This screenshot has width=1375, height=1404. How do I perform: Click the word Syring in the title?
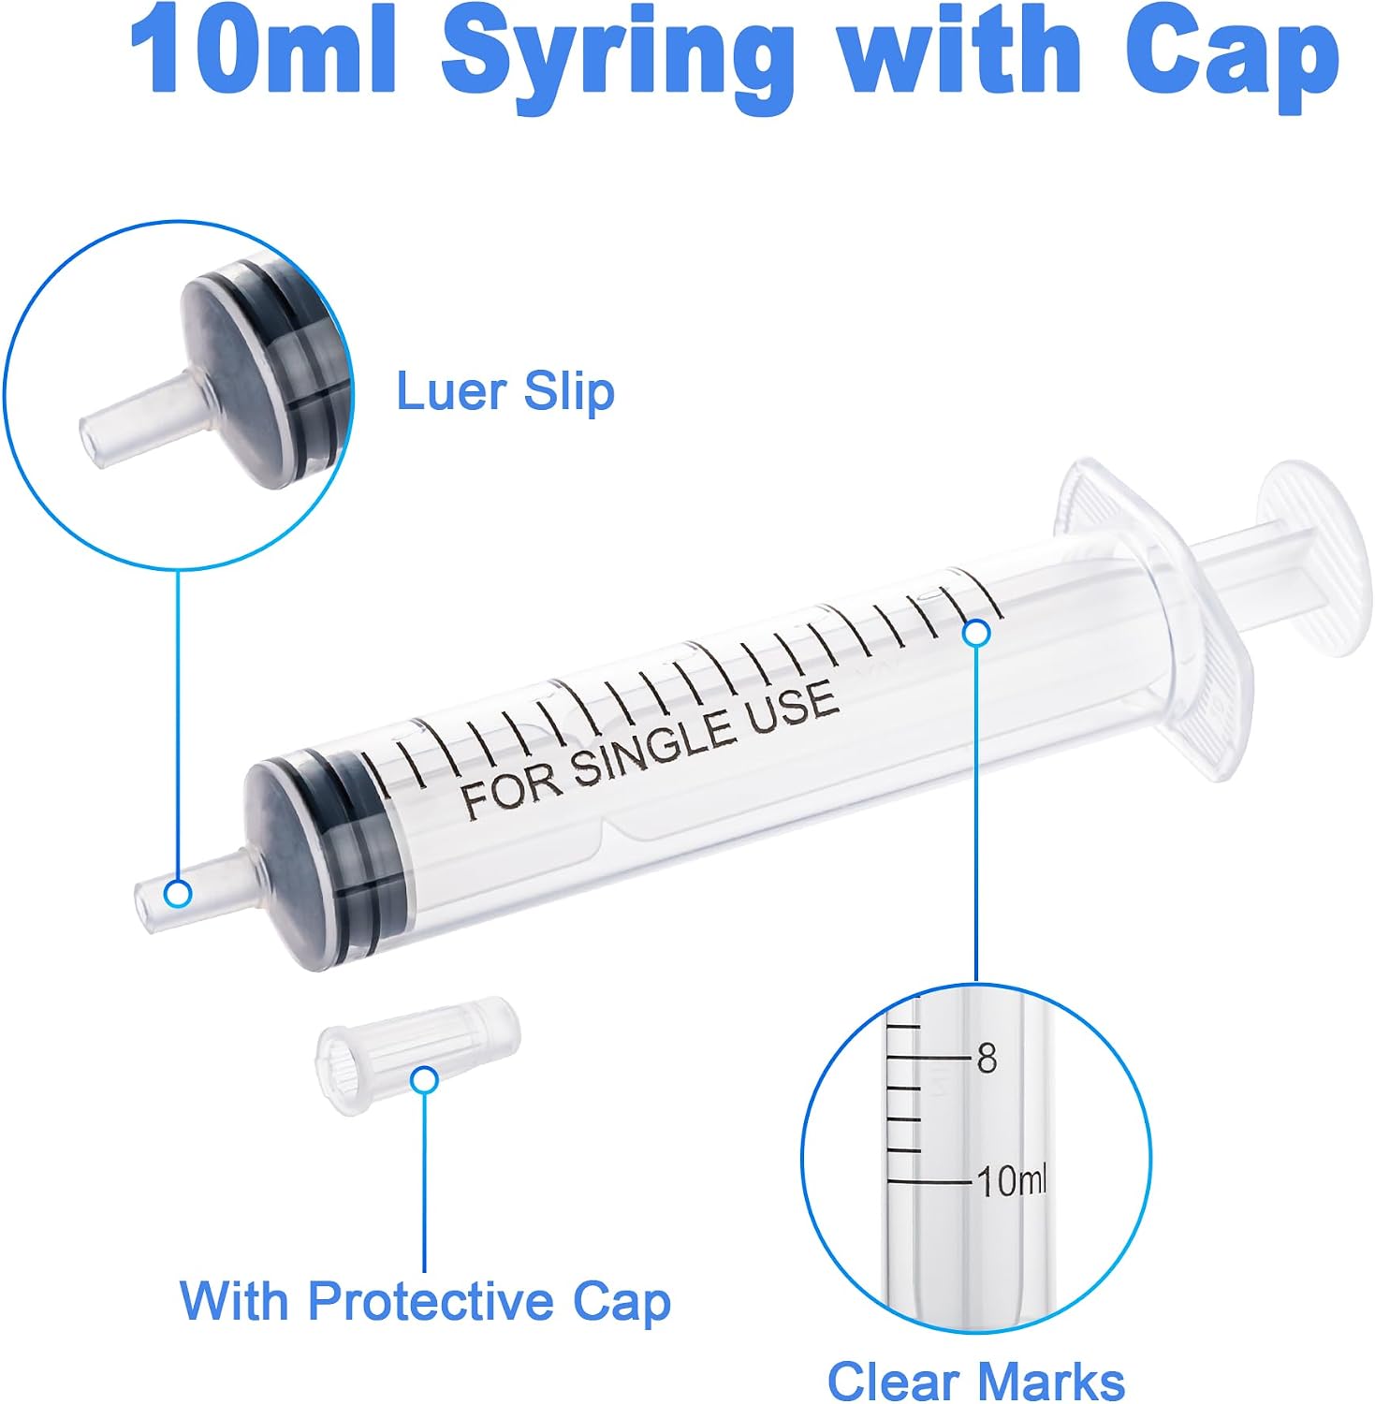point(617,61)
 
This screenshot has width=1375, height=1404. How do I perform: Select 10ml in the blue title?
point(264,51)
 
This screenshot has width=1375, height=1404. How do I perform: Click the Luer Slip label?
point(505,390)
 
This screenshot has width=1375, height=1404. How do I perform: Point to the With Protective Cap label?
point(426,1302)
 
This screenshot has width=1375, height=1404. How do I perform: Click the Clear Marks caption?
point(976,1382)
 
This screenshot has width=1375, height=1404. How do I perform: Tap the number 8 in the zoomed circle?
point(987,1059)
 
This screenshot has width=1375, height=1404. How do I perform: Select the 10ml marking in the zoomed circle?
point(1013,1182)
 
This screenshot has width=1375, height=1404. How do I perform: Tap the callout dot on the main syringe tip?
point(178,894)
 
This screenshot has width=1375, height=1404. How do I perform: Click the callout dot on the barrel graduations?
point(976,633)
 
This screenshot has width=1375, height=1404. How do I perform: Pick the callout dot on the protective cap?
point(425,1080)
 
